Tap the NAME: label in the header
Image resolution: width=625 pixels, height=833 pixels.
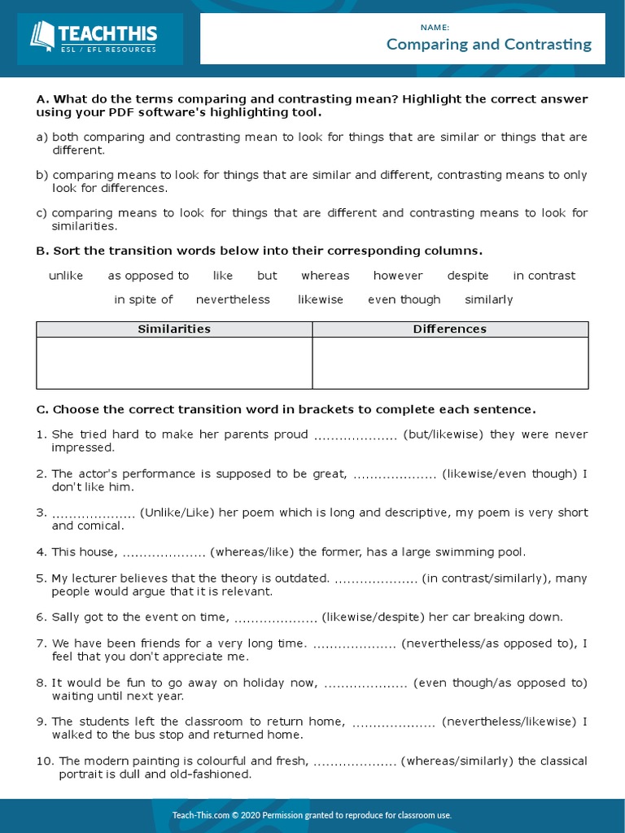[x=435, y=27]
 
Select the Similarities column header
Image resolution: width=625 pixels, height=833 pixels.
[x=174, y=329]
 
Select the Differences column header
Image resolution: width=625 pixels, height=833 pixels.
[x=450, y=329]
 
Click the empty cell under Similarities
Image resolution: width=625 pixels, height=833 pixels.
[x=174, y=363]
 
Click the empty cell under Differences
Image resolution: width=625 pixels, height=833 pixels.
[x=450, y=363]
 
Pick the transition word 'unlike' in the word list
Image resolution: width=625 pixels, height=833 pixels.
[x=66, y=276]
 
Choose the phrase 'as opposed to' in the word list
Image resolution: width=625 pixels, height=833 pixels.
[x=148, y=276]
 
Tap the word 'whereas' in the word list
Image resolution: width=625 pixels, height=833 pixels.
[x=325, y=276]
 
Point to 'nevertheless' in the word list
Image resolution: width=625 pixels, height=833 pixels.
[x=233, y=299]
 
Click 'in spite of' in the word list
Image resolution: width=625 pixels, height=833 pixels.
[x=143, y=299]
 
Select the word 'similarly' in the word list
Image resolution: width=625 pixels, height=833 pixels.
[x=488, y=299]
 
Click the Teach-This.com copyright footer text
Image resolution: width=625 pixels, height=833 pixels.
[x=312, y=815]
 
